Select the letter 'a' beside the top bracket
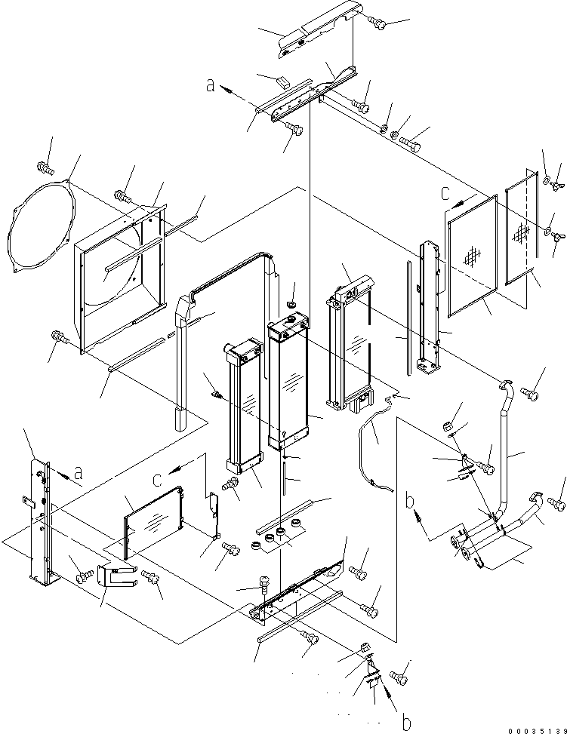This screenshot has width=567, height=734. coord(211,85)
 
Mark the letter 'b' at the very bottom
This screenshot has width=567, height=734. coord(406,723)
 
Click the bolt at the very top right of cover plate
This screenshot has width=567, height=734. coord(379,25)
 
